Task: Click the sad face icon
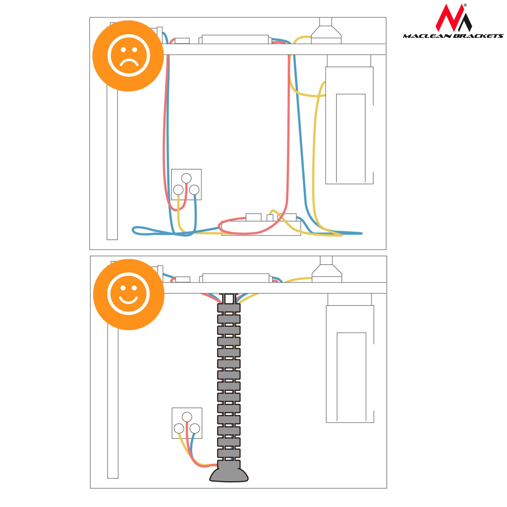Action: click(x=128, y=55)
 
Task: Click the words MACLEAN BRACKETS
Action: click(x=453, y=36)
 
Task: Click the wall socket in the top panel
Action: click(x=186, y=185)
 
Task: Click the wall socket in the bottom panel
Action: click(x=187, y=423)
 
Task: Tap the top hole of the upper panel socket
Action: click(x=186, y=178)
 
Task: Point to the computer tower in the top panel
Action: click(x=349, y=125)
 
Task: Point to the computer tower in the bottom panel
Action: click(x=350, y=364)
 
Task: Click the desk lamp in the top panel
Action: click(x=326, y=31)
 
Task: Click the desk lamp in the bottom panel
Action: click(x=327, y=269)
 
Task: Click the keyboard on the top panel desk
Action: click(x=235, y=39)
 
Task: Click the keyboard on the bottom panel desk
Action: click(x=236, y=278)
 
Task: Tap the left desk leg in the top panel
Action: click(x=112, y=162)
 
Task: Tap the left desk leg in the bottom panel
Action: click(x=113, y=402)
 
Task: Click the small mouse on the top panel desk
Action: click(x=182, y=41)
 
